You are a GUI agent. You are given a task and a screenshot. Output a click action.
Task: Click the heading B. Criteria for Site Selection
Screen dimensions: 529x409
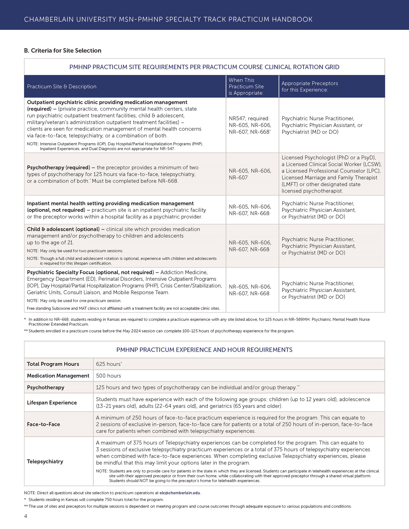pyautogui.click(x=63, y=51)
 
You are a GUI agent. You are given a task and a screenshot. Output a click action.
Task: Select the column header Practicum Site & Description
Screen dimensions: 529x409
pyautogui.click(x=61, y=87)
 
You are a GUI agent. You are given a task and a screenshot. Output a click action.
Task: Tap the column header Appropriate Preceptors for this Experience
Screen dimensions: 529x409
pyautogui.click(x=310, y=87)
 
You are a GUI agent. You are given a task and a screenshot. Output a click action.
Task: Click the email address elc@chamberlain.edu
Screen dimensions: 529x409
pyautogui.click(x=180, y=493)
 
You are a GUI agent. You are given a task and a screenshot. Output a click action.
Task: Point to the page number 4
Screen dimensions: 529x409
pyautogui.click(x=26, y=516)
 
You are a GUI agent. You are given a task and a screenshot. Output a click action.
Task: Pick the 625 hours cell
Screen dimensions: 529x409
pyautogui.click(x=109, y=364)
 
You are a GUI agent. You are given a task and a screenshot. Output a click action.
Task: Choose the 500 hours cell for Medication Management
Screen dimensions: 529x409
pyautogui.click(x=109, y=376)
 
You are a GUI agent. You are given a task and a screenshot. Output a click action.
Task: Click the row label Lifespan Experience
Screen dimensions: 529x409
pyautogui.click(x=52, y=403)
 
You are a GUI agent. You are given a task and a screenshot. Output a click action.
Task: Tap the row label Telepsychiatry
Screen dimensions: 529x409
pyautogui.click(x=45, y=462)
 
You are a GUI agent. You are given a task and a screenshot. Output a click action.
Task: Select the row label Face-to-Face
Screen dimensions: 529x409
pyautogui.click(x=43, y=424)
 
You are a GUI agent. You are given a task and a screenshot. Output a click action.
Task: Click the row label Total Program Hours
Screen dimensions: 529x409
pyautogui.click(x=53, y=364)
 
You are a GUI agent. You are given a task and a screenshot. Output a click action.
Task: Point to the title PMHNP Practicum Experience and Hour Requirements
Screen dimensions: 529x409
pyautogui.click(x=204, y=350)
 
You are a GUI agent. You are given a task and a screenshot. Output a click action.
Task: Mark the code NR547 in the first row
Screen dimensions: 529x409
pyautogui.click(x=236, y=119)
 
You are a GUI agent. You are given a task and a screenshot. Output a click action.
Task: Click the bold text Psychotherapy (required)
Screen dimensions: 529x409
pyautogui.click(x=58, y=168)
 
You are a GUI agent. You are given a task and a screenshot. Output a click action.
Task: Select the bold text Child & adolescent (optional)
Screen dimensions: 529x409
pyautogui.click(x=63, y=229)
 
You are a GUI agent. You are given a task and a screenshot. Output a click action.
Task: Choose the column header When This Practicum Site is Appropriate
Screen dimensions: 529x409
pyautogui.click(x=246, y=87)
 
